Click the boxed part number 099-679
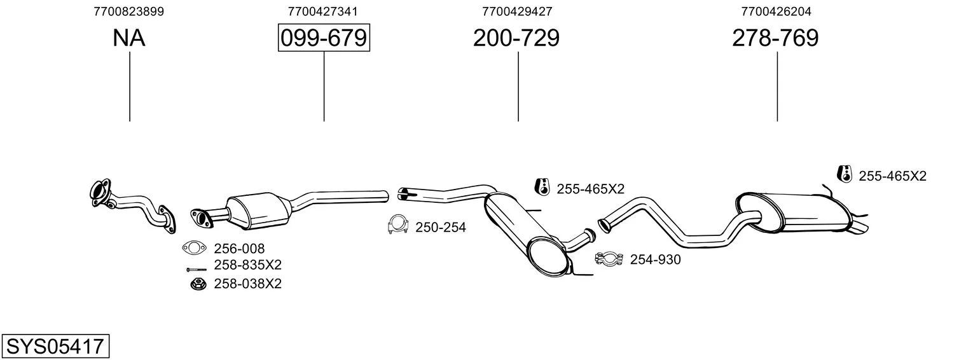click(x=324, y=38)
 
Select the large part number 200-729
click(x=516, y=38)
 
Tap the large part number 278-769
click(x=775, y=38)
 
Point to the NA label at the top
click(x=129, y=38)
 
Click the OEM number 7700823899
click(x=129, y=11)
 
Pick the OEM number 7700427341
click(x=322, y=11)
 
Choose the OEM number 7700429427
click(x=517, y=11)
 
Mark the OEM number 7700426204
click(x=776, y=11)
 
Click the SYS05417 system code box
click(x=55, y=346)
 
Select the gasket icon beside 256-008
click(x=194, y=248)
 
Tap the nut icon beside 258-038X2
click(x=198, y=284)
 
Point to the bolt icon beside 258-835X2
click(x=197, y=270)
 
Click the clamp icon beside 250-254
click(x=398, y=225)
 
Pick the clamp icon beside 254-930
click(x=609, y=258)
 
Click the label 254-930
click(x=656, y=260)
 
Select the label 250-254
click(x=441, y=227)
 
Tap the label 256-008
click(x=239, y=249)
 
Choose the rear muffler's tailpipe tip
click(x=859, y=228)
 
